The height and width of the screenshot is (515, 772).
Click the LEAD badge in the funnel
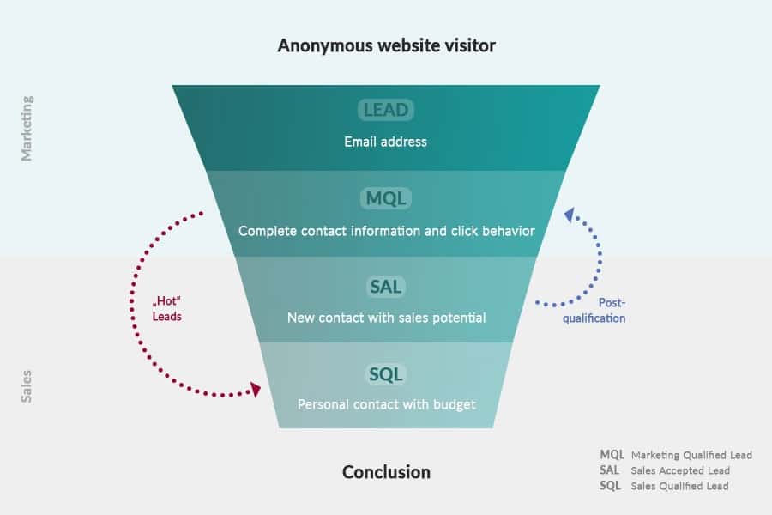[385, 109]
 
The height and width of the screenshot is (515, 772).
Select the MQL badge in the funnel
[386, 198]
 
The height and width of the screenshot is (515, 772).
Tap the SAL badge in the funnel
[385, 287]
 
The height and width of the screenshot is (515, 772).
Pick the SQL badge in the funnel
[385, 374]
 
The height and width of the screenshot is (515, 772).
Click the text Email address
[385, 142]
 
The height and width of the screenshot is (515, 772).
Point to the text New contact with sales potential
[387, 318]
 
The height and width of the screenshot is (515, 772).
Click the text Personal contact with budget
[387, 404]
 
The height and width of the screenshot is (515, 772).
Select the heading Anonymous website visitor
[387, 45]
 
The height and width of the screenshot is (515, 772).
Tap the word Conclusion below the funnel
[387, 472]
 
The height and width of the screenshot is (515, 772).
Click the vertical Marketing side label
[27, 129]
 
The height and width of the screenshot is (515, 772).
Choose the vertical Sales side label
[27, 386]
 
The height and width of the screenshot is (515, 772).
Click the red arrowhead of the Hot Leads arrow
[255, 390]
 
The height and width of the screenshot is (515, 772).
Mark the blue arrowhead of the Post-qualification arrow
[570, 215]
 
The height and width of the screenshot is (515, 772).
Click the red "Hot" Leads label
[167, 308]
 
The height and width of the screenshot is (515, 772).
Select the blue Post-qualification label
[594, 311]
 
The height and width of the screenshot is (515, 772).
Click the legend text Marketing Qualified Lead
[691, 455]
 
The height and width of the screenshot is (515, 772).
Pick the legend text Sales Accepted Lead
[680, 470]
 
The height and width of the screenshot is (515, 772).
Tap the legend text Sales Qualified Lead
[680, 486]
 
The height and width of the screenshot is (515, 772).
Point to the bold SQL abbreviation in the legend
[610, 486]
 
